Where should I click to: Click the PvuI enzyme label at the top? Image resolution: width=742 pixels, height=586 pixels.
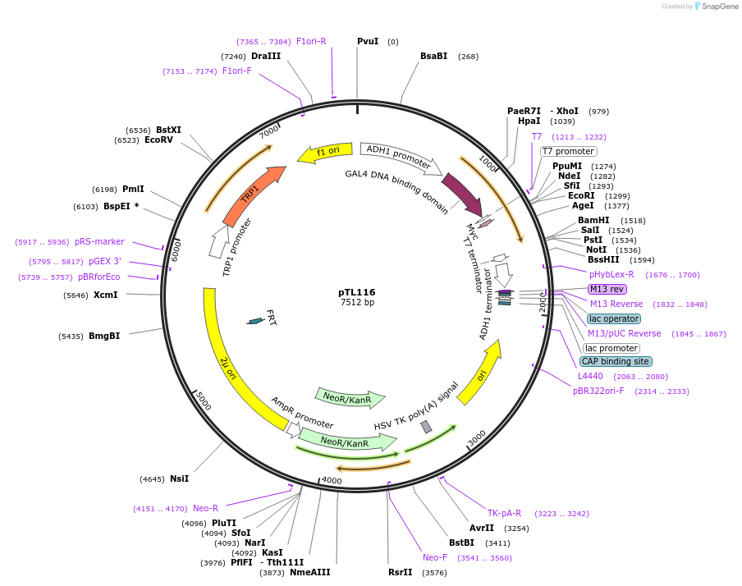(368, 41)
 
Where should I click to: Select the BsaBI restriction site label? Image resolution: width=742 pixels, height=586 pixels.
(433, 56)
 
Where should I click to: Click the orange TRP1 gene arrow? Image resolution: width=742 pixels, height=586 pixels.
(254, 194)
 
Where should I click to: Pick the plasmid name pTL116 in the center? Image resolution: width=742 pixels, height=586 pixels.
(357, 292)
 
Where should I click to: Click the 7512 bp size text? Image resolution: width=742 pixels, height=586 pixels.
(357, 303)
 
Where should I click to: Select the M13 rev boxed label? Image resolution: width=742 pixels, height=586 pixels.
(607, 289)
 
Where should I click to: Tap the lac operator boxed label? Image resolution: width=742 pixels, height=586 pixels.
(614, 318)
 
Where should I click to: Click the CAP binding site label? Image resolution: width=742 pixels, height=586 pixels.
(616, 361)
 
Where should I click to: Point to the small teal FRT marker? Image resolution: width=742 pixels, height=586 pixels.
(256, 321)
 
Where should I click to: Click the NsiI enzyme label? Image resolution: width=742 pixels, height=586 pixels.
(179, 478)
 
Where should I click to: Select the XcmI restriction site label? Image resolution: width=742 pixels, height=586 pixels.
(105, 295)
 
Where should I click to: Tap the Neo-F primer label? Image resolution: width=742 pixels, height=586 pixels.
(435, 557)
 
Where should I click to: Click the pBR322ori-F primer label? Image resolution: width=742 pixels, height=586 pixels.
(598, 391)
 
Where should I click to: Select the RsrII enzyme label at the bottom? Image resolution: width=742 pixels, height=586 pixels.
(401, 572)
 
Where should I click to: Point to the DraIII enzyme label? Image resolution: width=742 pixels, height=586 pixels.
(266, 56)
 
